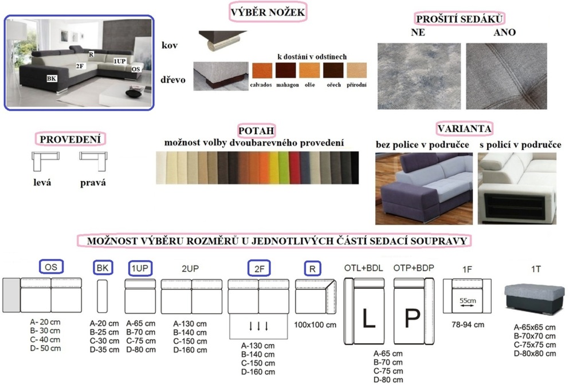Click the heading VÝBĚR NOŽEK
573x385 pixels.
pyautogui.click(x=268, y=13)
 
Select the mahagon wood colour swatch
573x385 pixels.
pyautogui.click(x=286, y=70)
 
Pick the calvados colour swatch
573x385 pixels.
pyautogui.click(x=262, y=70)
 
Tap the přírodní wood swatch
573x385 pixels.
pyautogui.click(x=356, y=70)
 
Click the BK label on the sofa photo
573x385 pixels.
pyautogui.click(x=52, y=78)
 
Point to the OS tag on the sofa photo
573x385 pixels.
pyautogui.click(x=136, y=69)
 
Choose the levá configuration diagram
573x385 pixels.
pyautogui.click(x=45, y=161)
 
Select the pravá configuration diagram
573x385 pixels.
pyautogui.click(x=93, y=161)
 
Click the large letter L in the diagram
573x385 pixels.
pyautogui.click(x=368, y=318)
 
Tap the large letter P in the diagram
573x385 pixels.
pyautogui.click(x=412, y=318)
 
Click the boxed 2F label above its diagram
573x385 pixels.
pyautogui.click(x=259, y=269)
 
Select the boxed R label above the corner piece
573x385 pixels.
pyautogui.click(x=312, y=269)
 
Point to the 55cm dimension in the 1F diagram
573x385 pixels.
pyautogui.click(x=468, y=301)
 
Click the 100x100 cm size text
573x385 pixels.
pyautogui.click(x=315, y=325)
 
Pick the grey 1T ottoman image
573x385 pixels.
pyautogui.click(x=534, y=299)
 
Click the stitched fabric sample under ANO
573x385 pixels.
pyautogui.click(x=507, y=76)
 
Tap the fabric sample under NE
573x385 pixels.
pyautogui.click(x=419, y=76)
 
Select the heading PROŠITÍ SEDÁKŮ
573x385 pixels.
pyautogui.click(x=460, y=19)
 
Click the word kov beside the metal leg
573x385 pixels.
pyautogui.click(x=170, y=45)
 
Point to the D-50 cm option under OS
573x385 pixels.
pyautogui.click(x=45, y=348)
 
